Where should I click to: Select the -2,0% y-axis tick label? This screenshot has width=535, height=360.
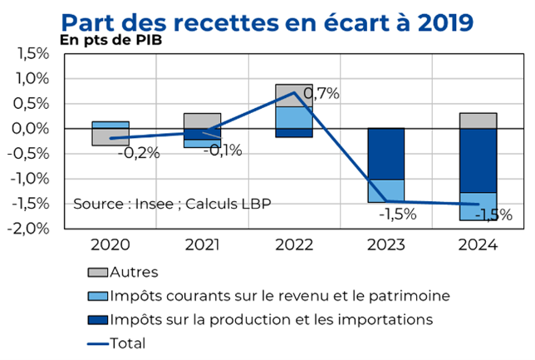point(31,229)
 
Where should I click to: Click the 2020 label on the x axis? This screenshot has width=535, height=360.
point(110,245)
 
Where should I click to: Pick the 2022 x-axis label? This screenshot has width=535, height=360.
point(294,245)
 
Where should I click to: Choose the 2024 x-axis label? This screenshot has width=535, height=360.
point(478,245)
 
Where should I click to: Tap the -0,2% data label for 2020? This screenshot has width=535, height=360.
point(138,153)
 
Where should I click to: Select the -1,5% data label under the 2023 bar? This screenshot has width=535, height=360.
point(398,215)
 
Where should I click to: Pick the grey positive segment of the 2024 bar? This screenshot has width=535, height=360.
point(478,121)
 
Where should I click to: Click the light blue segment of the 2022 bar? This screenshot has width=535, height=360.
point(293,117)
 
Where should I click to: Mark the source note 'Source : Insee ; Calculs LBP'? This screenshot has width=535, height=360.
point(172,204)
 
